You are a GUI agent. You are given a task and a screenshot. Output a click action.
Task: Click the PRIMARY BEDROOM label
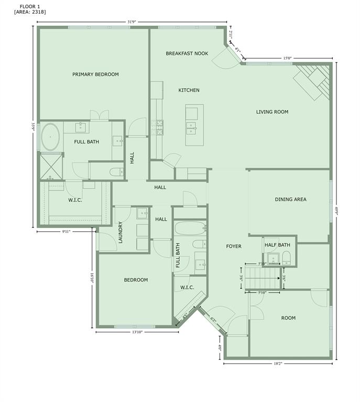95,74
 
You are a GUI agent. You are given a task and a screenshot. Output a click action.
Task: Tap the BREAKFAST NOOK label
187,53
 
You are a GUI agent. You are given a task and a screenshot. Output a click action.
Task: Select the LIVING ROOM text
272,111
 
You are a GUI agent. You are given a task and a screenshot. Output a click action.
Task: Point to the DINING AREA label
290,199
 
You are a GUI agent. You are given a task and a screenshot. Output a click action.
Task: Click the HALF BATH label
278,245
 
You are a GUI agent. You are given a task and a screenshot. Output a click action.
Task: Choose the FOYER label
234,246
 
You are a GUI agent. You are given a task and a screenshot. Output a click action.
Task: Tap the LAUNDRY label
121,232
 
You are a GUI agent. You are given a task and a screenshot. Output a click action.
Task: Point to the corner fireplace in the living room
313,81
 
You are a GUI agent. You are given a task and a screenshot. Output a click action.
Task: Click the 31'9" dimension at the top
132,22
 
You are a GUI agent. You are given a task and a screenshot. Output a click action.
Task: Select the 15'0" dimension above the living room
287,59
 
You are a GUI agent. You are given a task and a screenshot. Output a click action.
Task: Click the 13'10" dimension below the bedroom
137,332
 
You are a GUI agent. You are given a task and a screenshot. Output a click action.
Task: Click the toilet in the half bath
286,256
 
